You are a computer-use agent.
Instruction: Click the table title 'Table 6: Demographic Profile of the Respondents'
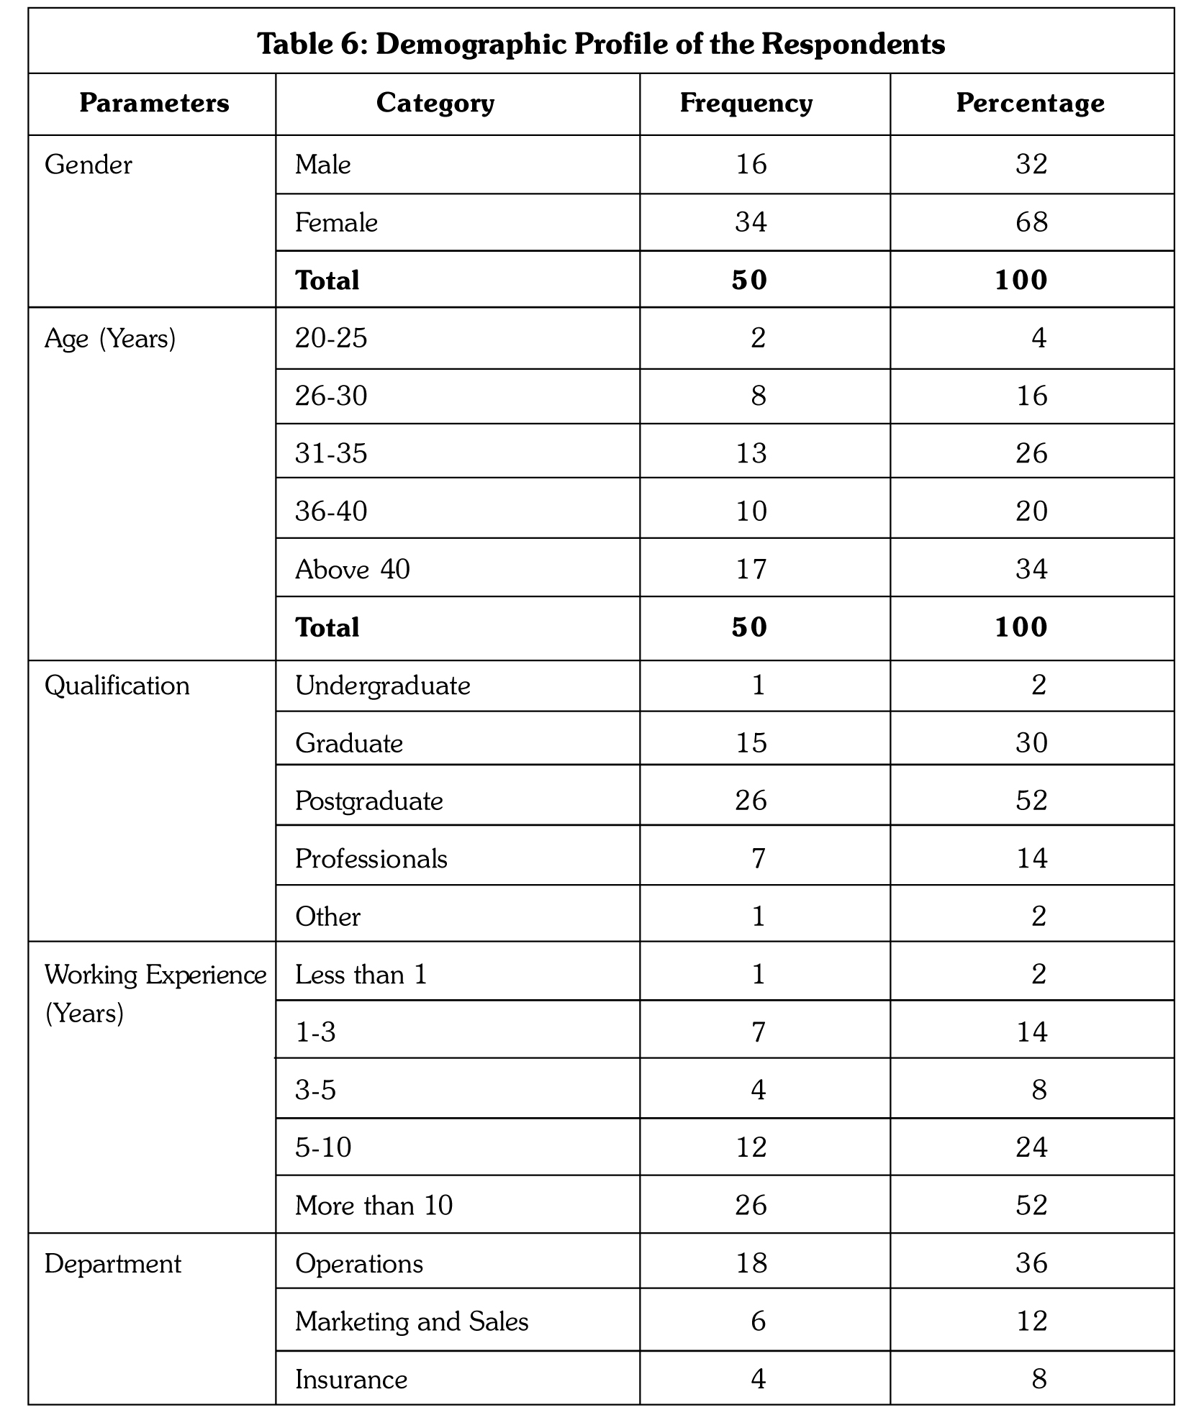[x=601, y=45]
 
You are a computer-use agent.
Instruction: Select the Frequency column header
[x=746, y=104]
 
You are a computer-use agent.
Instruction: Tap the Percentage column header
[x=1030, y=104]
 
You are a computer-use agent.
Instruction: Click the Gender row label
[x=89, y=165]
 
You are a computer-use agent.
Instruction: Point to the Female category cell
[x=336, y=223]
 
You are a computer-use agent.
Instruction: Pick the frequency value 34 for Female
[x=751, y=222]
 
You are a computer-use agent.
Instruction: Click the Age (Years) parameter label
[x=110, y=338]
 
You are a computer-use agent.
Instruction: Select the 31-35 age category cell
[x=331, y=454]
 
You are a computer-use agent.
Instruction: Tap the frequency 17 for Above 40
[x=751, y=570]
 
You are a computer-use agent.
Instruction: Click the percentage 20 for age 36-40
[x=1031, y=511]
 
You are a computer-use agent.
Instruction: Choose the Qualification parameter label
[x=117, y=686]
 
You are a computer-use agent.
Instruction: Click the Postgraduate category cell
[x=369, y=801]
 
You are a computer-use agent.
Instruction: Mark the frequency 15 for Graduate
[x=751, y=743]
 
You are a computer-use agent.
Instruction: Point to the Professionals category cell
[x=371, y=859]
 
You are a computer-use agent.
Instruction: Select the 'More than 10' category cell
[x=374, y=1206]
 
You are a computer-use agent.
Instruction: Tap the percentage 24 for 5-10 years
[x=1031, y=1147]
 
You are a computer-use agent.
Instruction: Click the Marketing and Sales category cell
[x=412, y=1321]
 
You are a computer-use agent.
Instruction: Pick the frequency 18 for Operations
[x=751, y=1264]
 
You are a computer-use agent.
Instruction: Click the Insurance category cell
[x=351, y=1379]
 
